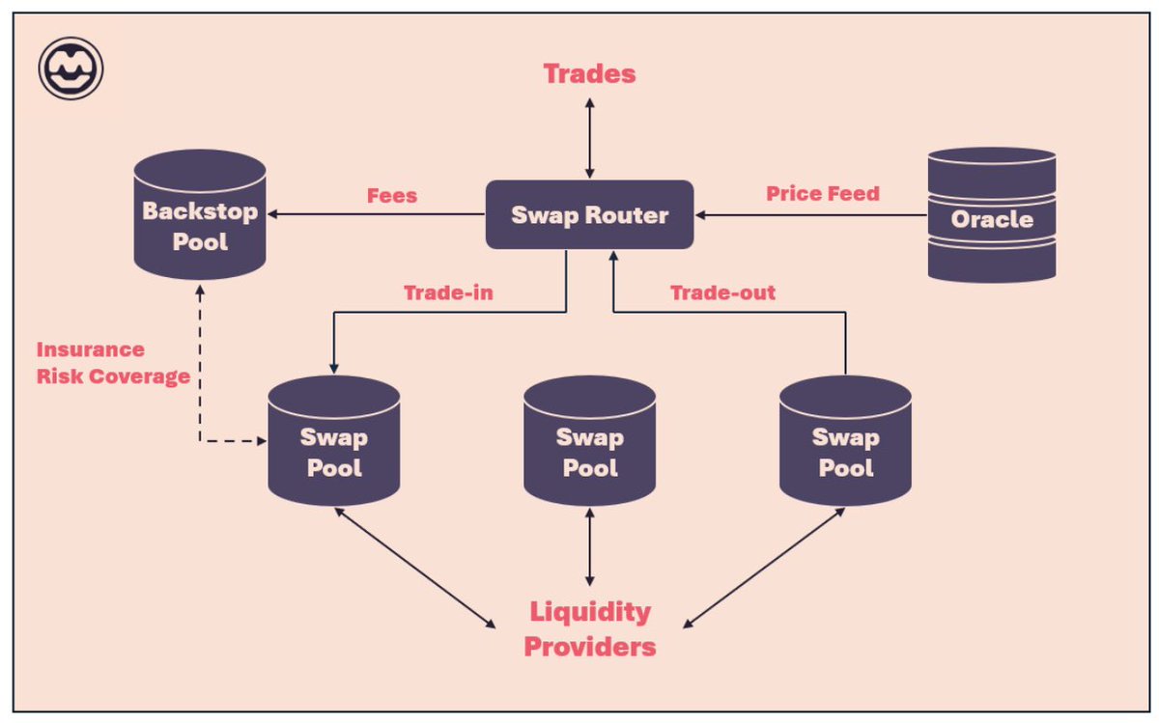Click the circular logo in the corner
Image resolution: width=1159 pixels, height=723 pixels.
71,69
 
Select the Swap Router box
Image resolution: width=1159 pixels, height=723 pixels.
589,214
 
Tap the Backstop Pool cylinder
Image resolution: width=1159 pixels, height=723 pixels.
200,214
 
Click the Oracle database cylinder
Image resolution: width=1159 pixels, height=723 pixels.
992,215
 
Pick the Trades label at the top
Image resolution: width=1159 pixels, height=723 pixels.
589,73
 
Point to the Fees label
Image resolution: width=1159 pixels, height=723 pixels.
392,196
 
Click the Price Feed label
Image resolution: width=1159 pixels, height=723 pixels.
823,193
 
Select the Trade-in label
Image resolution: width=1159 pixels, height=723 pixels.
448,292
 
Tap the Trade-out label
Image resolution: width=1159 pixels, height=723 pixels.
722,292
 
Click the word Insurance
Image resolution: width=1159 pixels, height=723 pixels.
91,349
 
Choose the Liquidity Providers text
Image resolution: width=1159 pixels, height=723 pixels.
590,628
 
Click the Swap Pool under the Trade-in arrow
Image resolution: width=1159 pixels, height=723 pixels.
334,440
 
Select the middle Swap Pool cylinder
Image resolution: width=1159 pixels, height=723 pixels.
589,440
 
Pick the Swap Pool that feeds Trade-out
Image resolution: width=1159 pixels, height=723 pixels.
845,440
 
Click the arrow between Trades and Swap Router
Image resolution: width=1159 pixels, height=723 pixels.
589,138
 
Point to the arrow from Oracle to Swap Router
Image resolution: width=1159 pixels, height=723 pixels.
810,215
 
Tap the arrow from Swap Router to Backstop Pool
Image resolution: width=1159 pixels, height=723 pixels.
376,214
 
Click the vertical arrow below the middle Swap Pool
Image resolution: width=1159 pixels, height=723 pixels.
589,547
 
